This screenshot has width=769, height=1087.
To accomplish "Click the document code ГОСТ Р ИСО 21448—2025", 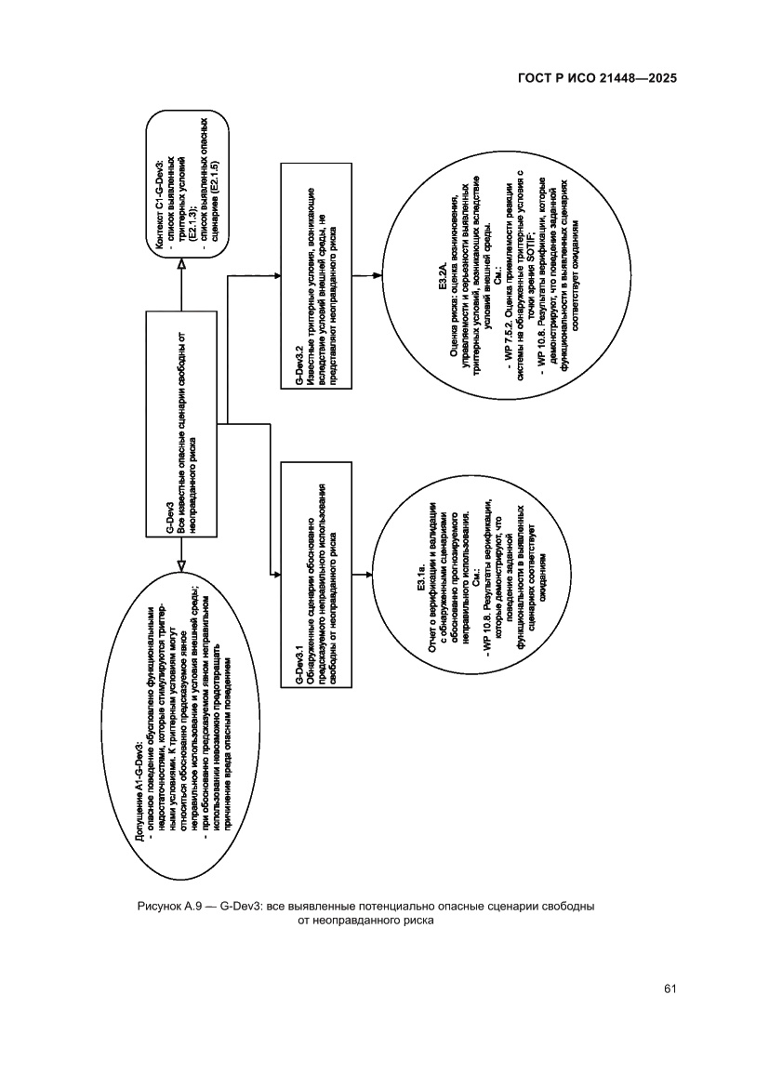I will point(596,78).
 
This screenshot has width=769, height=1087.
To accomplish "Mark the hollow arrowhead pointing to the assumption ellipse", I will point(182,563).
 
